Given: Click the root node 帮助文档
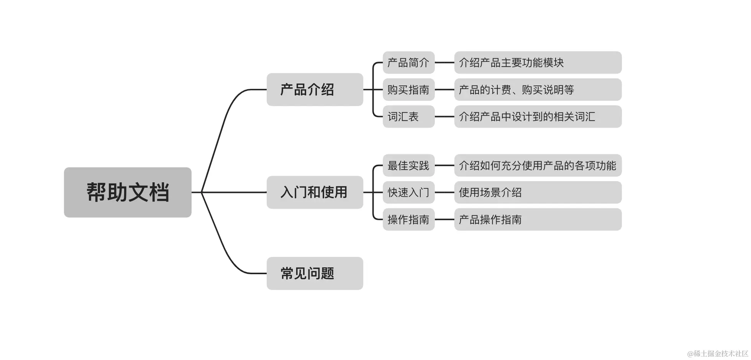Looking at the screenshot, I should [128, 192].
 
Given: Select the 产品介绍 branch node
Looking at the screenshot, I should [315, 90].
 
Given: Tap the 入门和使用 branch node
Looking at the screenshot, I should [315, 192].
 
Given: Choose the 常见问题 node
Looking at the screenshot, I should [315, 273].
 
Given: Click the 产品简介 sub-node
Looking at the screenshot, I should [408, 62].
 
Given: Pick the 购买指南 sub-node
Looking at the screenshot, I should [408, 90].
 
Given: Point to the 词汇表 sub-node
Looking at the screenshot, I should [408, 116].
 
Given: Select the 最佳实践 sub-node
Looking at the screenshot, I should [408, 165].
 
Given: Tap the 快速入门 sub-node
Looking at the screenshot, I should [408, 192].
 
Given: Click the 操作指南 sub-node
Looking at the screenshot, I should [408, 219].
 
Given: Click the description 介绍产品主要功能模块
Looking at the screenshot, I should [538, 62].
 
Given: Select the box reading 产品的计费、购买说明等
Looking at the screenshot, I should [538, 90].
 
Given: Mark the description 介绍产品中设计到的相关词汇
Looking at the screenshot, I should [538, 116].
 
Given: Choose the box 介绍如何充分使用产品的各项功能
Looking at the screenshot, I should [538, 165].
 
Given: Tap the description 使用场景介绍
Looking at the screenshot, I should [538, 192].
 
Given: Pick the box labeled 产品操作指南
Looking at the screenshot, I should [538, 219].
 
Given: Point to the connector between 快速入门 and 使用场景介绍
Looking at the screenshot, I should [444, 192].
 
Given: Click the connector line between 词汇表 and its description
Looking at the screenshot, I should [444, 116].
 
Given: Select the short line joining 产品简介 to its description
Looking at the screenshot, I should [444, 62].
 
